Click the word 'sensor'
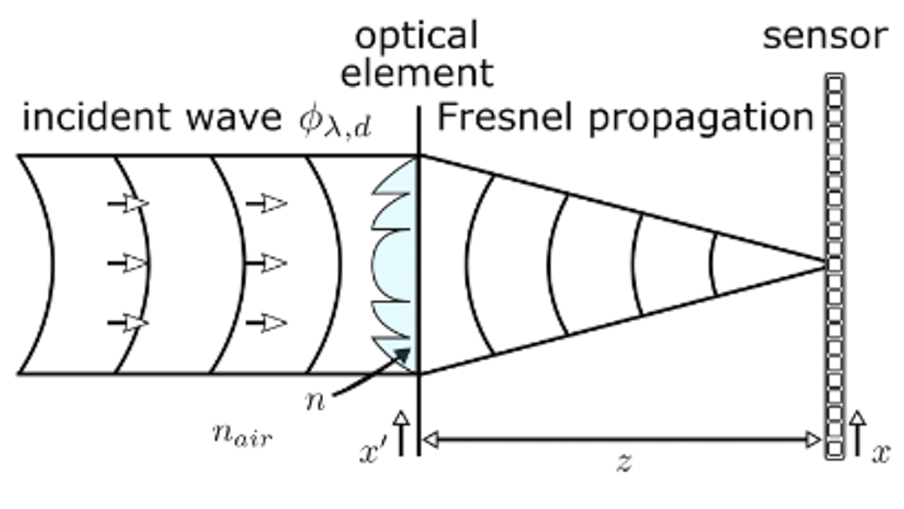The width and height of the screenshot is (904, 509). pos(824,36)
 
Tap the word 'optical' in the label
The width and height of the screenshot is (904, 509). pos(417,36)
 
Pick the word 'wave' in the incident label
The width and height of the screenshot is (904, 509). pos(234,118)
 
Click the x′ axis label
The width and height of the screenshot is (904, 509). pos(372,452)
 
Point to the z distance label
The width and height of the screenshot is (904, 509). pos(623,462)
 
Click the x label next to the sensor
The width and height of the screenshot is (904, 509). pos(880,452)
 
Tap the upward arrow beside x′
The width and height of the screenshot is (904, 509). pos(401,432)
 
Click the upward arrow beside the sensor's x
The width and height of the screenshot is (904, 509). pos(857,432)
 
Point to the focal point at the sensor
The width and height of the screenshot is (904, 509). pos(827,264)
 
